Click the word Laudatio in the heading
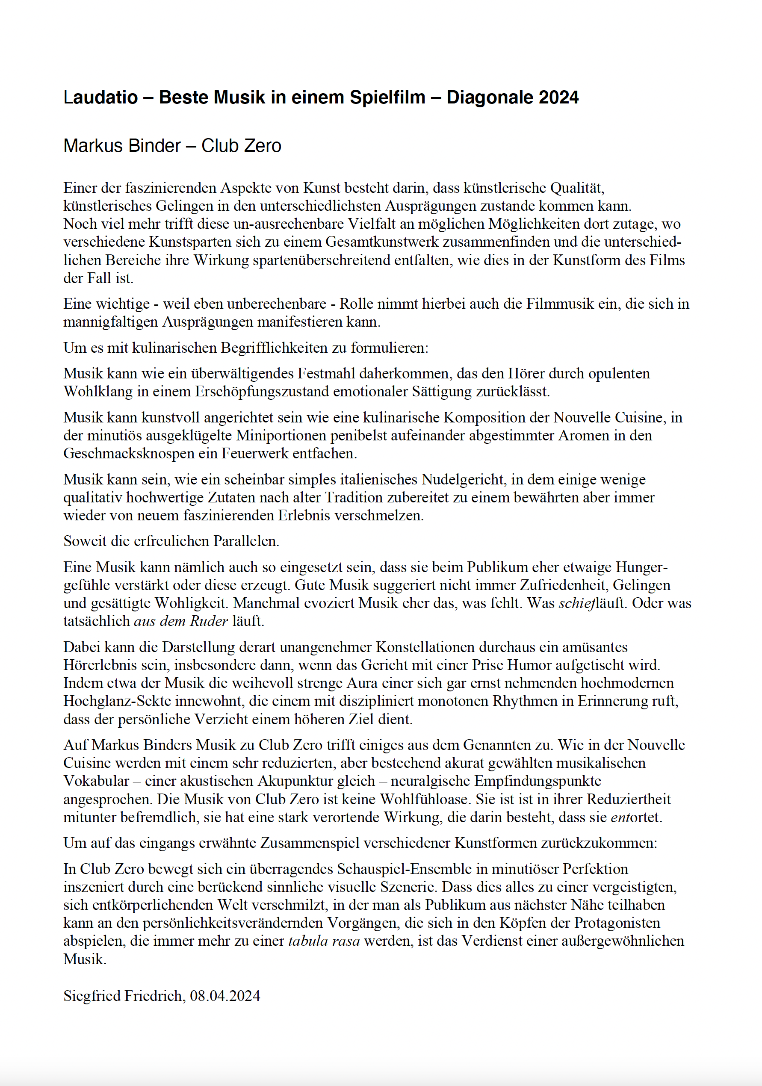click(x=100, y=97)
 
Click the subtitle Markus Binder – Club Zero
click(x=172, y=146)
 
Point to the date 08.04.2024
click(x=225, y=996)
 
